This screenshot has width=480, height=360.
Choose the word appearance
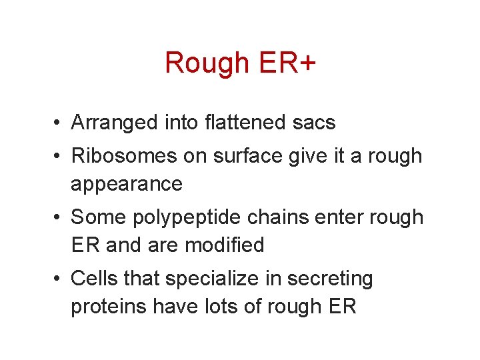click(127, 184)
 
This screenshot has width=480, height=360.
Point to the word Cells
click(94, 279)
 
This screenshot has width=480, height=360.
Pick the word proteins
click(109, 307)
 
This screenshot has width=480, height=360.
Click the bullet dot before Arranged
click(59, 123)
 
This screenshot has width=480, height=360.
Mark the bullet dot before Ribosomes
click(59, 157)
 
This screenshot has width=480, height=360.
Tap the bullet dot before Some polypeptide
click(59, 218)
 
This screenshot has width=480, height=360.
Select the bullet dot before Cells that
click(59, 279)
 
